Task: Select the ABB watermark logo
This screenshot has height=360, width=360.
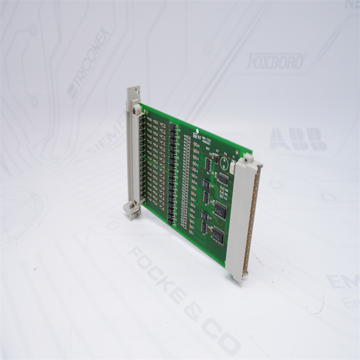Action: [298, 139]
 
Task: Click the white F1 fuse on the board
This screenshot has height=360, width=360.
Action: [233, 167]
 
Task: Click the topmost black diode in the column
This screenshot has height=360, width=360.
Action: [171, 127]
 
